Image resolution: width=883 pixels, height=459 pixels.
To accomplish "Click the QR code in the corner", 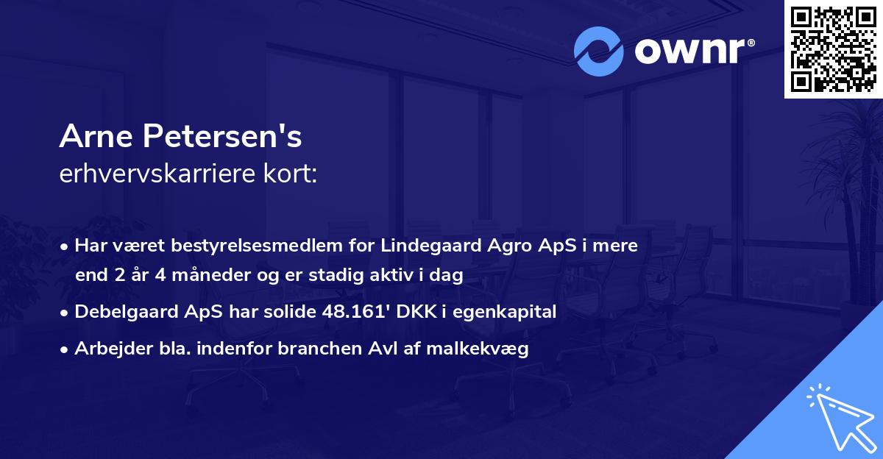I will [833, 49].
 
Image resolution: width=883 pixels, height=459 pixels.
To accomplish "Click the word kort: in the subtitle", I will [292, 174].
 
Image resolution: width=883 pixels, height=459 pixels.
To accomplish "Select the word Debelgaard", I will [124, 312].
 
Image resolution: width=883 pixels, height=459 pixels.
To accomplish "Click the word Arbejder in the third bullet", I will [106, 348].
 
